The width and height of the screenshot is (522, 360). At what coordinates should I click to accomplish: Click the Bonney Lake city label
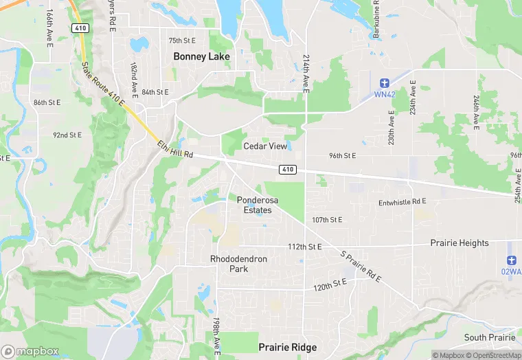tap(202, 56)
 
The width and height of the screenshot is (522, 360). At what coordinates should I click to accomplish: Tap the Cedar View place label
tap(265, 146)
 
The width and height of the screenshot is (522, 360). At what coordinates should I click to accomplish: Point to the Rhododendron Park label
tap(238, 264)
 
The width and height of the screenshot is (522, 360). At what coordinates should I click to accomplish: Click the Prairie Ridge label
tap(288, 348)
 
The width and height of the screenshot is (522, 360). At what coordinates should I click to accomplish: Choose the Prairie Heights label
tap(459, 243)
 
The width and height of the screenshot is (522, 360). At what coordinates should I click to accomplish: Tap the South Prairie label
tap(490, 337)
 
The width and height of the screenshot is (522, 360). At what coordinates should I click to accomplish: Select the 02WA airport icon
tap(511, 260)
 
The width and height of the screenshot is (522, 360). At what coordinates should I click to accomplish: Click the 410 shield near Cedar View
tap(288, 169)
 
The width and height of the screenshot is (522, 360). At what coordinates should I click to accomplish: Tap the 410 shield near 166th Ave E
tap(79, 27)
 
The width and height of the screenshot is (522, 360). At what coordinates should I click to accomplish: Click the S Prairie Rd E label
tap(361, 266)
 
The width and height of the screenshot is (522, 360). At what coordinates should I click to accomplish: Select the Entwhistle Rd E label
tap(402, 202)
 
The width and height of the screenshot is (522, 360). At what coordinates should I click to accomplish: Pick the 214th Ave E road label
tap(306, 71)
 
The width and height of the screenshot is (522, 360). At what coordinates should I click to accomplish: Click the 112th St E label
tap(305, 247)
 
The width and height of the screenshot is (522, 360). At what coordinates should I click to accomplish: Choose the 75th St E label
tap(182, 41)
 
